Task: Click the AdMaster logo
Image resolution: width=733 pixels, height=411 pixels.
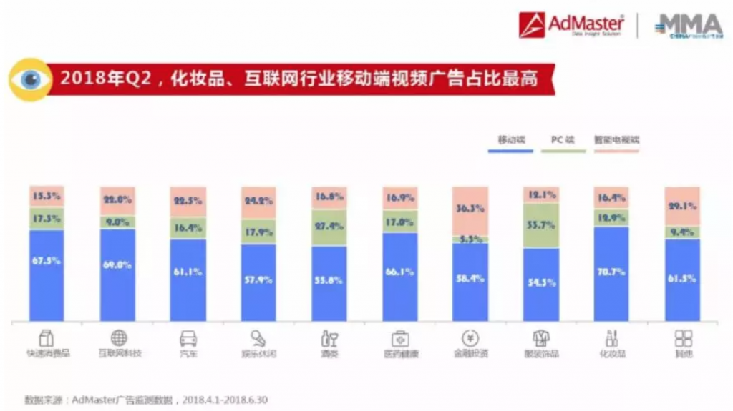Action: coord(572,26)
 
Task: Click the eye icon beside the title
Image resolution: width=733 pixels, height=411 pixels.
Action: coord(29,79)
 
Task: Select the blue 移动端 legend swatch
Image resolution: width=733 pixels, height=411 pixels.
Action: coord(511,151)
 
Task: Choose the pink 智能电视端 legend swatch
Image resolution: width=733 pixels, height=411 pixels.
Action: coord(616,151)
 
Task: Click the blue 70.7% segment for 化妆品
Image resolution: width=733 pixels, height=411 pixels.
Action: coord(612,273)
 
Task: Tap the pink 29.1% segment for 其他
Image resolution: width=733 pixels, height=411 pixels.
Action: coord(682,206)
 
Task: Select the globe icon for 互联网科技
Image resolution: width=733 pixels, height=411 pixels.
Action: coord(119,339)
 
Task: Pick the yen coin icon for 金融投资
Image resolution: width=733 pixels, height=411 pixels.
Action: coord(471,339)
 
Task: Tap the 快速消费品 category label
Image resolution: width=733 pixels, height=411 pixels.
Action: coord(49,354)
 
